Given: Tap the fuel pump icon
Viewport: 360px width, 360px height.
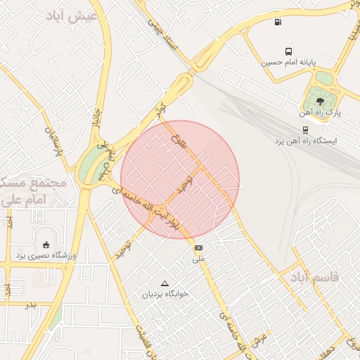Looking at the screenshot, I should pyautogui.click(x=279, y=21).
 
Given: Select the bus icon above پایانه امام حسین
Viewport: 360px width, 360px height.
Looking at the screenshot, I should pyautogui.click(x=288, y=51).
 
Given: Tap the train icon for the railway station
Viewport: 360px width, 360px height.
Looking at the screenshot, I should pyautogui.click(x=305, y=130).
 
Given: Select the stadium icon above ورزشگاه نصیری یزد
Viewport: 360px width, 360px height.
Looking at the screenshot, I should pyautogui.click(x=46, y=245).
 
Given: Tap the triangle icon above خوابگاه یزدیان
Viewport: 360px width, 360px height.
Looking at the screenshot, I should pyautogui.click(x=165, y=283).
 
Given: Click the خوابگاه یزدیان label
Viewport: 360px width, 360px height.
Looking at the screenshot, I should pyautogui.click(x=165, y=294).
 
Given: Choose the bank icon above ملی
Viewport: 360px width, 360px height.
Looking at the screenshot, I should pyautogui.click(x=199, y=247).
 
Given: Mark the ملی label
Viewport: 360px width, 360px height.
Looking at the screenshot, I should pyautogui.click(x=200, y=259).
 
